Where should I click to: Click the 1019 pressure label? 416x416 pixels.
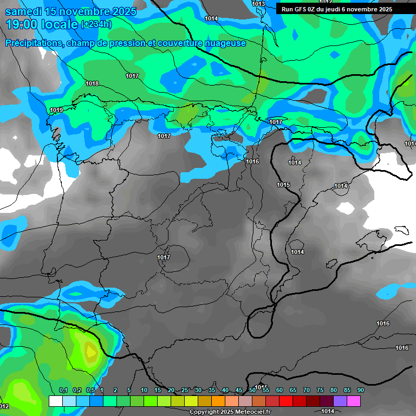click(56, 110)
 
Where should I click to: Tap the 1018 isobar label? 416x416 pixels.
click(92, 84)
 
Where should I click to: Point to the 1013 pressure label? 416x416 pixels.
click(258, 4)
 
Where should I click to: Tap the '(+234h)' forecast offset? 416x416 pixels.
click(96, 24)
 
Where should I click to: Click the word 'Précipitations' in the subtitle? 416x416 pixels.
click(33, 43)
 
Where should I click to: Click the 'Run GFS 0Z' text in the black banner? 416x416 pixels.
click(300, 9)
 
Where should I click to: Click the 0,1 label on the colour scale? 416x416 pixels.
click(63, 391)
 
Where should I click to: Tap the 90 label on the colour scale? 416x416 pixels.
click(360, 391)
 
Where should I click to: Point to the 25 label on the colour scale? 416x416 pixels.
click(185, 391)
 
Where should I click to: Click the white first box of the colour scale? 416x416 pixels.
click(55, 401)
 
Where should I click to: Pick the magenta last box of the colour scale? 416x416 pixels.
click(353, 401)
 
